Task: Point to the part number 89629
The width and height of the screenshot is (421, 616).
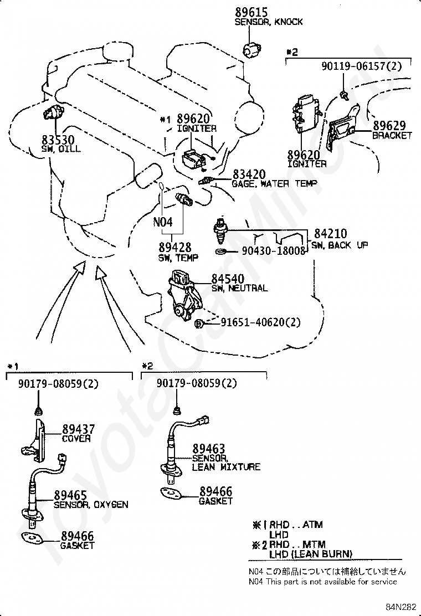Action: (x=388, y=126)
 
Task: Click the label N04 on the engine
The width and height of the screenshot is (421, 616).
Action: (x=163, y=223)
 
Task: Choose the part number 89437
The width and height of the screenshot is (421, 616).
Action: (x=78, y=429)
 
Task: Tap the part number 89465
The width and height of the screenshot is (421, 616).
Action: (x=70, y=495)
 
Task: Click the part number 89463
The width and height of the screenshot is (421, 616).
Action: (x=209, y=449)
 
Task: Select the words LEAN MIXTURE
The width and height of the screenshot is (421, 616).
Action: (x=226, y=467)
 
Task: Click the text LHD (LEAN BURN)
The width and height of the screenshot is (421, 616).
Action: (x=310, y=554)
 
